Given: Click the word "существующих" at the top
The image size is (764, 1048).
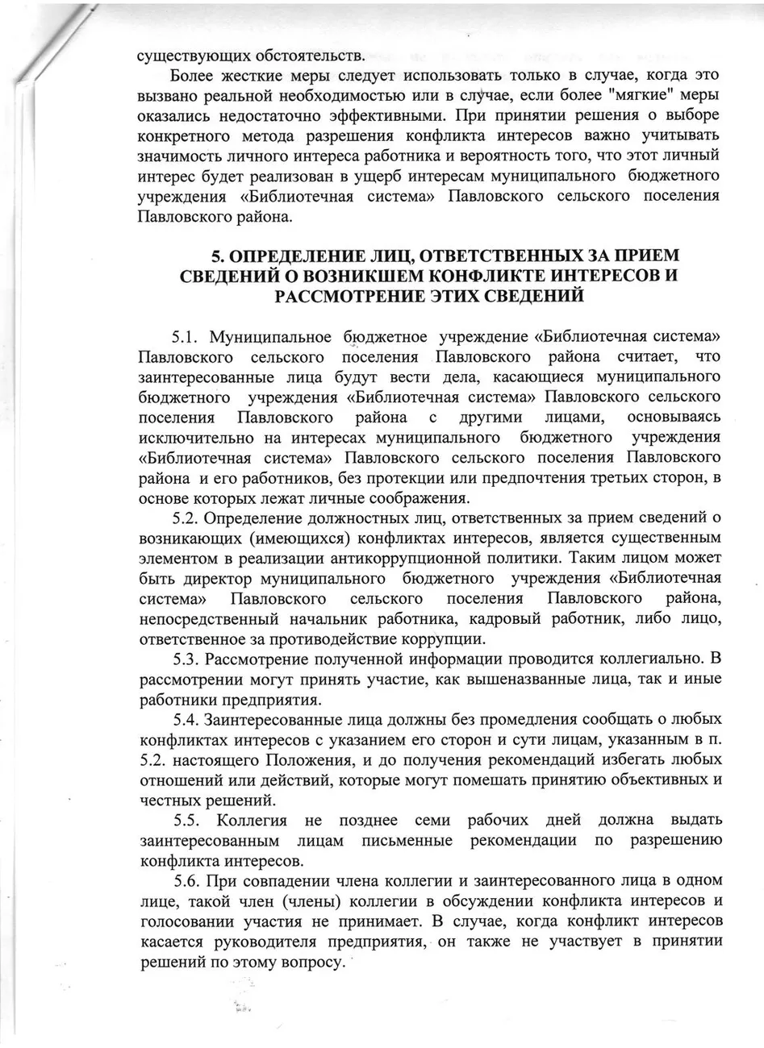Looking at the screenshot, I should point(186,57).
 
